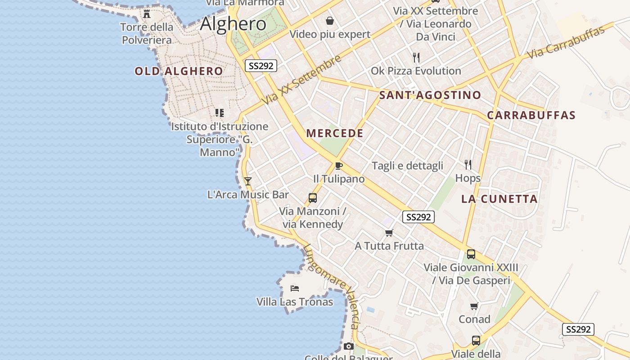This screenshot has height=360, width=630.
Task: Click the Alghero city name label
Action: click(x=233, y=23)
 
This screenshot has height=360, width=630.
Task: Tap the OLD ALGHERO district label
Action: click(x=179, y=71)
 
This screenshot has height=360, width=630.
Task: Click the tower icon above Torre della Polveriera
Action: click(x=147, y=13)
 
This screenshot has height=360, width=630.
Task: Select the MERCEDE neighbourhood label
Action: click(x=334, y=133)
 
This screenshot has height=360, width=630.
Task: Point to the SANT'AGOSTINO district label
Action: click(x=430, y=95)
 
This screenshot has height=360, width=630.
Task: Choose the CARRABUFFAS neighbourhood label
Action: click(x=531, y=115)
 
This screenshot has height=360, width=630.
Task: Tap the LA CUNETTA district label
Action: click(x=499, y=199)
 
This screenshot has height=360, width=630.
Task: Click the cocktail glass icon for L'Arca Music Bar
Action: click(x=247, y=181)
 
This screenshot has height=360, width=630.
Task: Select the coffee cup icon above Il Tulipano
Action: click(x=339, y=166)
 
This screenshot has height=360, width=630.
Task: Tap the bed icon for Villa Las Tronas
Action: click(x=295, y=288)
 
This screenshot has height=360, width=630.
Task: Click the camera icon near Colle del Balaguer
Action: click(x=348, y=346)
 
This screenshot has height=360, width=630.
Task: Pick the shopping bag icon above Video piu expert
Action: click(x=330, y=21)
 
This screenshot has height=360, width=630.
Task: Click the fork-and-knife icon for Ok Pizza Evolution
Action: click(x=416, y=58)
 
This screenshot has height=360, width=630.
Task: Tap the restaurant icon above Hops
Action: click(x=468, y=164)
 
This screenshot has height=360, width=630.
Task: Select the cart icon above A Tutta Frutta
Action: click(x=389, y=233)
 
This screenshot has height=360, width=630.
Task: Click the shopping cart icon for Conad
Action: click(x=474, y=306)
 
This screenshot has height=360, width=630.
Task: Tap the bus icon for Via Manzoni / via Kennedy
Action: click(x=312, y=198)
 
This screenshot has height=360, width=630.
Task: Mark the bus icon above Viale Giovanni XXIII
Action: click(x=471, y=254)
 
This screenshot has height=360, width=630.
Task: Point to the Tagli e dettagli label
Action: click(x=407, y=166)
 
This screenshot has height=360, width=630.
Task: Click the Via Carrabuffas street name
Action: click(x=566, y=43)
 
